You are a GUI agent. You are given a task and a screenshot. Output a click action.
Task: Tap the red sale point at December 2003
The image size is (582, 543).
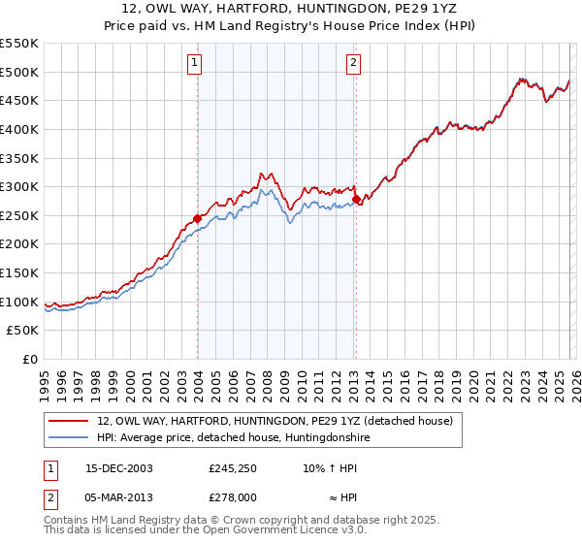tap(198, 218)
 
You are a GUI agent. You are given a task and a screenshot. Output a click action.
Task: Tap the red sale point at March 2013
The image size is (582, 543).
tap(356, 200)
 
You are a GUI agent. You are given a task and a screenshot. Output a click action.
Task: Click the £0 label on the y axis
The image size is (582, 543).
tap(30, 360)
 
